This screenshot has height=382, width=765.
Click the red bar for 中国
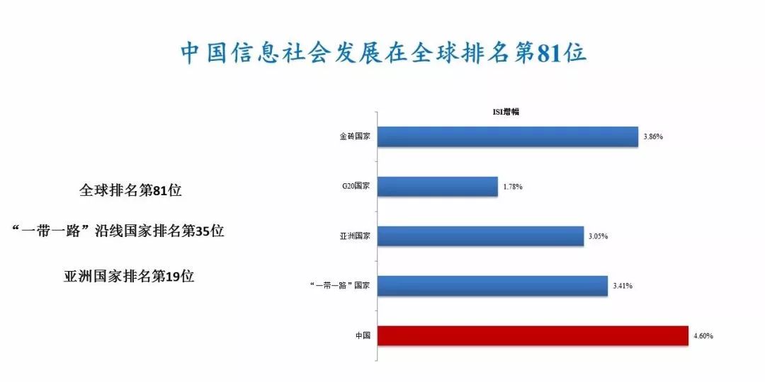(533, 336)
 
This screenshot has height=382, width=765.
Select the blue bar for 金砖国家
(508, 137)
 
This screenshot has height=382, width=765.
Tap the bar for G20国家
(438, 187)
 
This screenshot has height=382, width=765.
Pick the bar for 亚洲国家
(480, 236)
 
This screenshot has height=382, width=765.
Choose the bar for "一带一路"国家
(493, 286)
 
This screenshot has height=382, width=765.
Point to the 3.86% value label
(653, 137)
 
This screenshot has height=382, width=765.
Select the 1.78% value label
(513, 187)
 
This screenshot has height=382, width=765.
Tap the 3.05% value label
(598, 236)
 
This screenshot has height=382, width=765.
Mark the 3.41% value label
(623, 286)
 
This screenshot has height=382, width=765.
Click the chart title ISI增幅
(505, 112)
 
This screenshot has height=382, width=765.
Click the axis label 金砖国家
(355, 137)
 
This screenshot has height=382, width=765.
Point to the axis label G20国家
(356, 187)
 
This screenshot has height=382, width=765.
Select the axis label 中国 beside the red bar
(363, 336)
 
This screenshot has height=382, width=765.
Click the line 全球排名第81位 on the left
(130, 190)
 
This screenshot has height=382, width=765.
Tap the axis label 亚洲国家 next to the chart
(355, 236)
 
